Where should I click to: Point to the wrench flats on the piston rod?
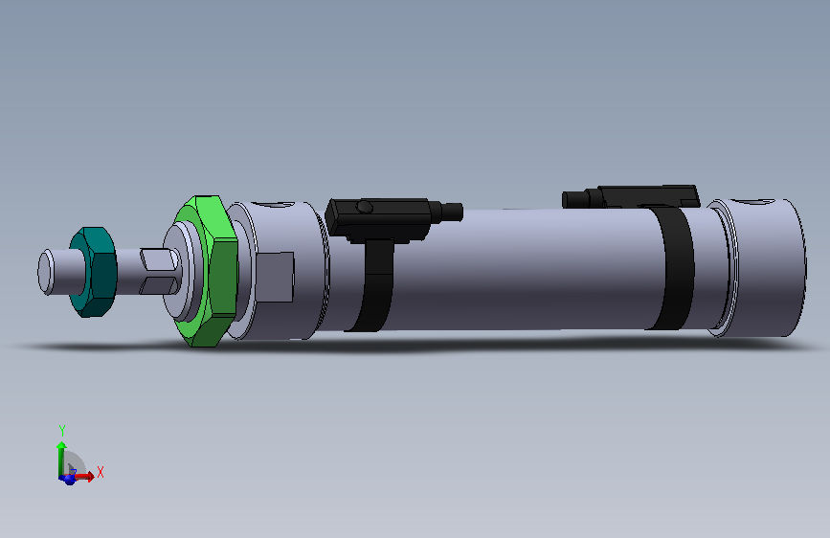pyautogui.click(x=157, y=271)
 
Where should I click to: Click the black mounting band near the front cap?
pyautogui.click(x=375, y=287)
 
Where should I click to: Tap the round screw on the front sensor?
pyautogui.click(x=365, y=208)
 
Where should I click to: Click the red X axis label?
pyautogui.click(x=100, y=472)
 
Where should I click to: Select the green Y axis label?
pyautogui.click(x=61, y=430)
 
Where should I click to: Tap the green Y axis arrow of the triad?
pyautogui.click(x=61, y=454)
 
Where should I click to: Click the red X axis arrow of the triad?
pyautogui.click(x=84, y=476)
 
